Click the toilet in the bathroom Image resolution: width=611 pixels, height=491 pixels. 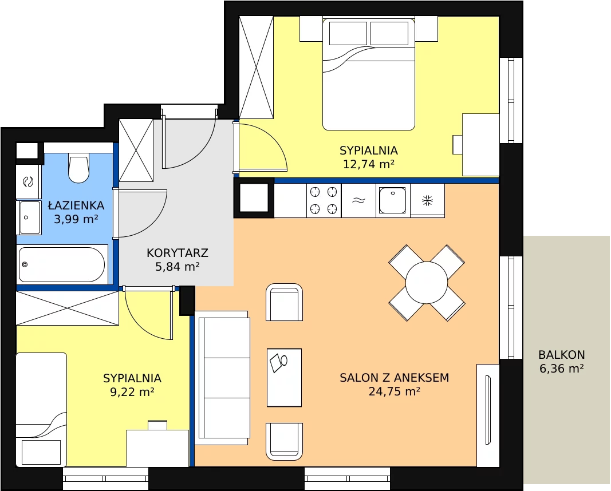click(78, 168)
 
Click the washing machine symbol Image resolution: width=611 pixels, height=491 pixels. click(28, 181)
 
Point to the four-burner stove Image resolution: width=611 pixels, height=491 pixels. click(324, 200)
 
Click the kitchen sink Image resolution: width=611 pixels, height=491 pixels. click(393, 200)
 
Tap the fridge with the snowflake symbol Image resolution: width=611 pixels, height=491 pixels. click(427, 200)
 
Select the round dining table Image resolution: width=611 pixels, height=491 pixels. click(427, 283)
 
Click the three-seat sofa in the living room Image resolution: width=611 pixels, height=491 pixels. click(223, 378)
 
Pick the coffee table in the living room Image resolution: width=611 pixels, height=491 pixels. click(284, 378)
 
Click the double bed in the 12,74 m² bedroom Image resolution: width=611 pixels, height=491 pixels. click(369, 73)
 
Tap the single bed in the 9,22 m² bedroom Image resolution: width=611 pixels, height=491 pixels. click(41, 410)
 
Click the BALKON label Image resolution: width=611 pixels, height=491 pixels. click(562, 355)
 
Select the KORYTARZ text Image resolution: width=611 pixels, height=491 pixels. click(178, 253)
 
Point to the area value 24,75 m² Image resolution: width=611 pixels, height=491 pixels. click(395, 391)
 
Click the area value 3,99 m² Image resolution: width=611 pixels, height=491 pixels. click(76, 219)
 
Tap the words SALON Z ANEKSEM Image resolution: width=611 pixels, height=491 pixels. click(395, 377)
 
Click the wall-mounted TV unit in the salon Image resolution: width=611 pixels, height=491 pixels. click(488, 415)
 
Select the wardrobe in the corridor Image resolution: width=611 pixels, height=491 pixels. click(136, 151)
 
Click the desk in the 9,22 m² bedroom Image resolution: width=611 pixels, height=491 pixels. click(157, 448)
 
